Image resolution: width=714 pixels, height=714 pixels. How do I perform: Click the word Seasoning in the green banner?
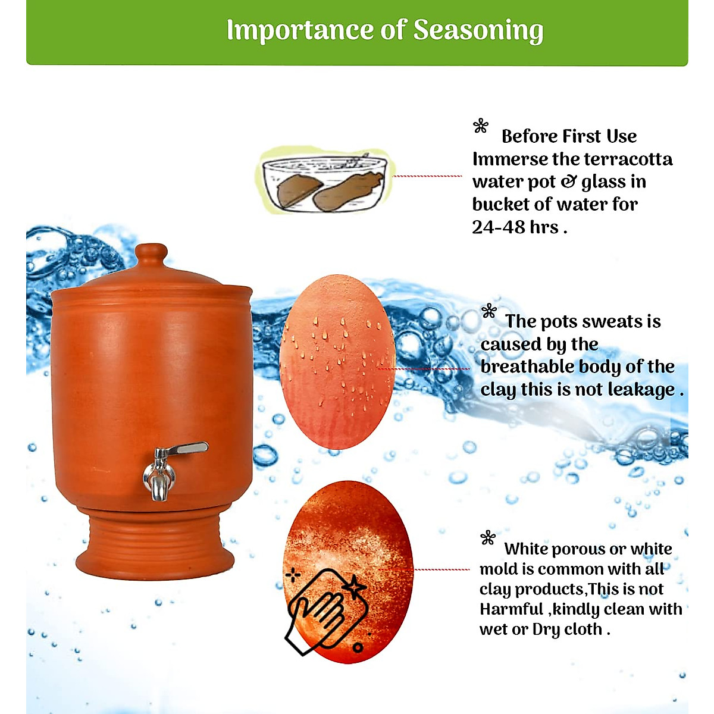click(478, 30)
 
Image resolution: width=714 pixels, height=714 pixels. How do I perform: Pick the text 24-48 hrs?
click(515, 227)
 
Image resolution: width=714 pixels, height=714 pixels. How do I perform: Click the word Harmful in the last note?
click(512, 609)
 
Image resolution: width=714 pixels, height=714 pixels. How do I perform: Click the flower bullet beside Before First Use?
click(481, 126)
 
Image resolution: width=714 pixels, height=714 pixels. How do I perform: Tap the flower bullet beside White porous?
click(488, 538)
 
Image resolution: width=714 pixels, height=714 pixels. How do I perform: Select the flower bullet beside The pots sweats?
click(489, 311)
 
